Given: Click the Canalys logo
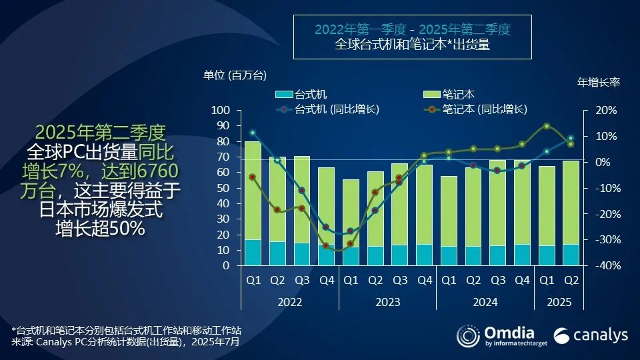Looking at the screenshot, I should pos(591,335).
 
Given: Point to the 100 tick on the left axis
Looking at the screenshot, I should pos(221,110).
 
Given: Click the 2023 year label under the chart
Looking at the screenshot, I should pos(387,302).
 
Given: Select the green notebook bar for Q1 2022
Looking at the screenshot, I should pos(253,190).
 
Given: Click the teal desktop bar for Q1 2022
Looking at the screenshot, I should pos(253,253).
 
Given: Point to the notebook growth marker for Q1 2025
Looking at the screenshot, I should pos(547,126).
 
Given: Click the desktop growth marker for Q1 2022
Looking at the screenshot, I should pos(253,133).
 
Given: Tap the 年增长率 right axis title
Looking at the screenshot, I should pos(598,83).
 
